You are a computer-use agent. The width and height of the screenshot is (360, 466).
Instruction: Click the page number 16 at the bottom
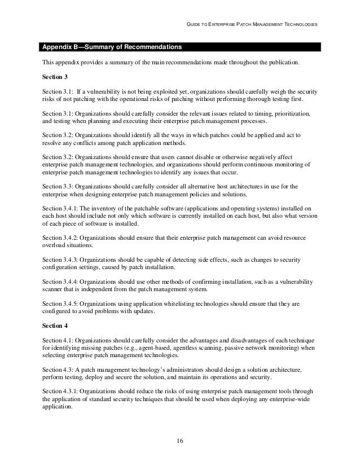(180, 440)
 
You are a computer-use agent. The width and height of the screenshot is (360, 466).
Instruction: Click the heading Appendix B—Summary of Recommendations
(111, 45)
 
